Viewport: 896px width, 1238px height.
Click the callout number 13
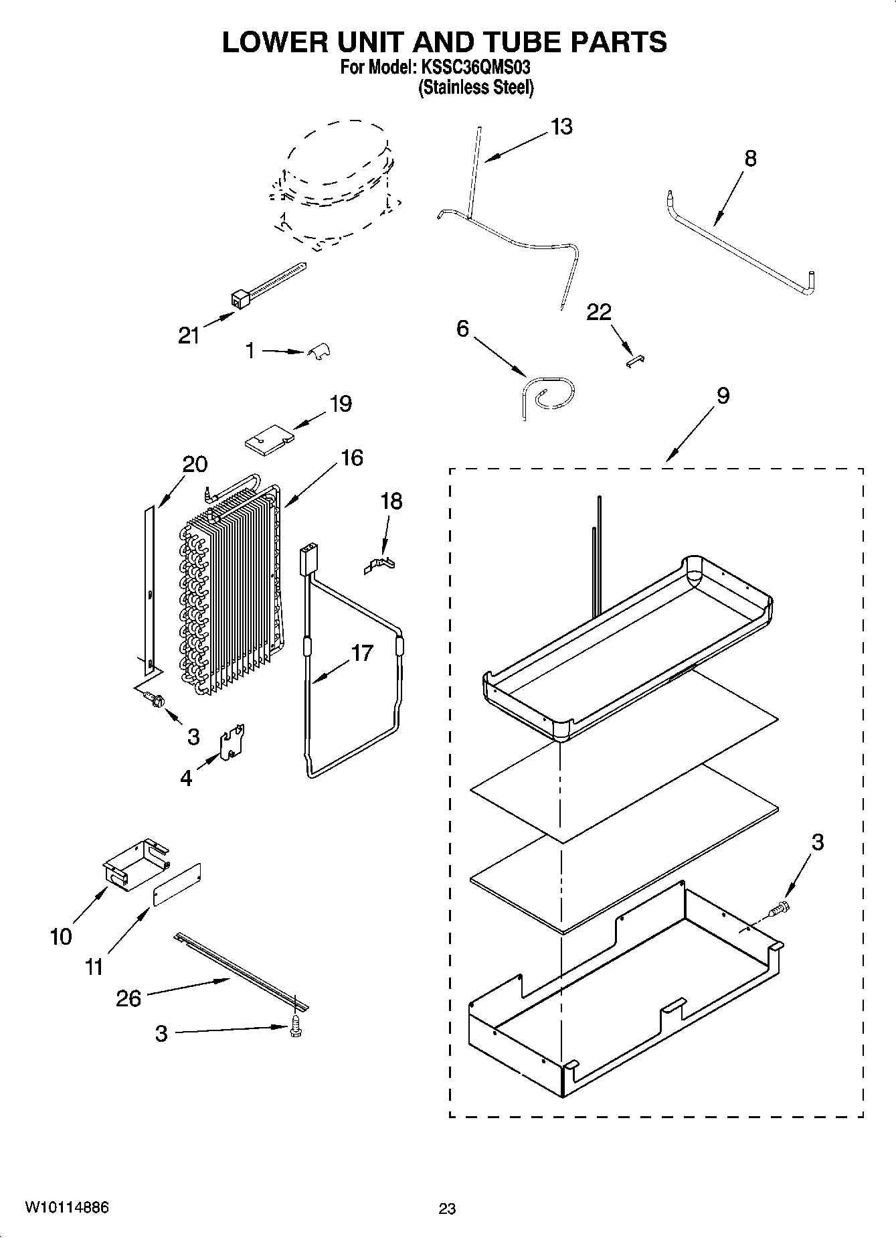(x=561, y=127)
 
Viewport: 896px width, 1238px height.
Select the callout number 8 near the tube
(x=750, y=159)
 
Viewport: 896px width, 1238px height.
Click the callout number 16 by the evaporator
(x=351, y=458)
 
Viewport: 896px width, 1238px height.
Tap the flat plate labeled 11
(x=177, y=884)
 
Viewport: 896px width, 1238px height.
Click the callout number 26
(x=128, y=998)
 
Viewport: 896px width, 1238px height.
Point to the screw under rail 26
(x=295, y=1031)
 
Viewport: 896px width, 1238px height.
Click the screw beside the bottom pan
(x=780, y=909)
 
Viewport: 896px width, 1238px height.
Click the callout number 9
(x=723, y=396)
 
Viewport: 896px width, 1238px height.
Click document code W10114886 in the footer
(x=67, y=1207)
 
